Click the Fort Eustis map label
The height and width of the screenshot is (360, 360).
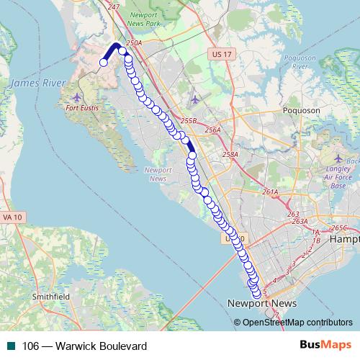80,108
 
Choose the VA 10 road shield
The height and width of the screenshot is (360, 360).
12,216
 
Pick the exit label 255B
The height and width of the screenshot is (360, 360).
189,121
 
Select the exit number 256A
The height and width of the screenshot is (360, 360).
212,130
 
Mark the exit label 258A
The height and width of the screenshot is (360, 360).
230,154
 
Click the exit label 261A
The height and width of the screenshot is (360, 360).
270,192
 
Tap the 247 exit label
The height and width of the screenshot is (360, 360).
112,6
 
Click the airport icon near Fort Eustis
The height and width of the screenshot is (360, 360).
78,96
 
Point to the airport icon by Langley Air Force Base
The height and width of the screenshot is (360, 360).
340,158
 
